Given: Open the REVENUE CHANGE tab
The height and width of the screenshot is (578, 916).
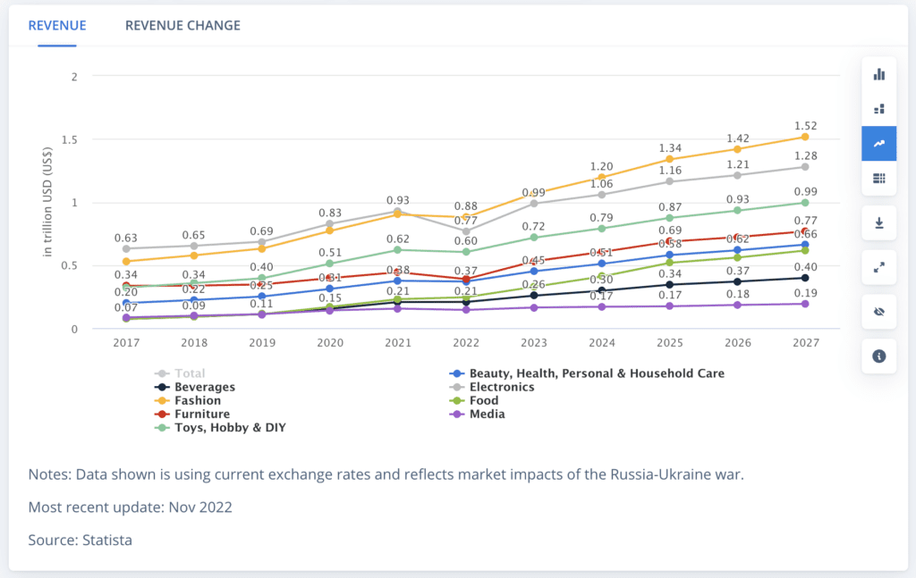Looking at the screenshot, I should tap(182, 25).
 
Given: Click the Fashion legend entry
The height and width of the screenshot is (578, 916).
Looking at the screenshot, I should tap(198, 401).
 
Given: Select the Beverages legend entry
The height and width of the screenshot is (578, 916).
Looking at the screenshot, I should tap(205, 388).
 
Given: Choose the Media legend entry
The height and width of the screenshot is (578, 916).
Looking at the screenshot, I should tap(487, 415).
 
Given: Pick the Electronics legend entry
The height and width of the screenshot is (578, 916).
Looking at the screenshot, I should tap(502, 388).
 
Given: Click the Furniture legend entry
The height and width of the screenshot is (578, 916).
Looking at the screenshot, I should tap(202, 415).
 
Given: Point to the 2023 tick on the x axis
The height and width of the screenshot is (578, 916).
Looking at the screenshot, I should tap(534, 343).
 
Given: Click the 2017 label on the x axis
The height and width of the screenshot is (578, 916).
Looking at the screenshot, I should tap(126, 343).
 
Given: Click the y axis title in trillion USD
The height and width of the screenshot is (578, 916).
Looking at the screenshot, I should tap(48, 203).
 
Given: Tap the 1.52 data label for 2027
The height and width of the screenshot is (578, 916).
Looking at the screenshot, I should tap(805, 126).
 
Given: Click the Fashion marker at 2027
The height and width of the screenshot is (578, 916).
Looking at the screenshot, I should tap(805, 137).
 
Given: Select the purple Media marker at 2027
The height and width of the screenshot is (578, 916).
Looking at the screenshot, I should tap(805, 304).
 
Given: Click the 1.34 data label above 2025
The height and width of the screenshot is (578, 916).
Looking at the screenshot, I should tap(669, 148).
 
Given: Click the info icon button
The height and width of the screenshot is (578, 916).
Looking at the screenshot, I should tap(878, 356).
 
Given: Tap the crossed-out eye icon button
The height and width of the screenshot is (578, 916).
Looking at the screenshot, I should tap(878, 311).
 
